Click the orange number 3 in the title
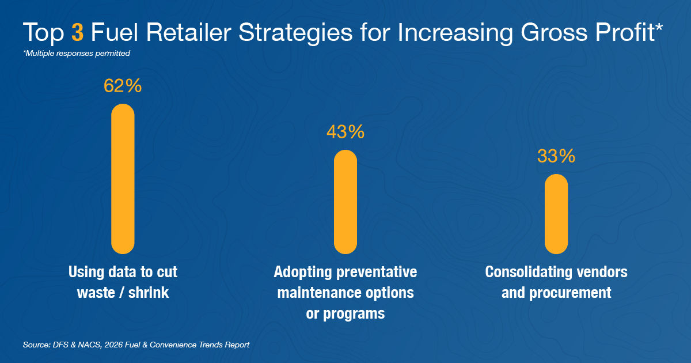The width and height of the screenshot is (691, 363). click(x=78, y=33)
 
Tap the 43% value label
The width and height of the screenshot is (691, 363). click(x=345, y=132)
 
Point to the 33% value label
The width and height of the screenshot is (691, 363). click(x=556, y=156)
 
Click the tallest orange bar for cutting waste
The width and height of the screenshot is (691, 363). click(x=123, y=179)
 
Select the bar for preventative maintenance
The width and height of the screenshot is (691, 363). click(x=345, y=202)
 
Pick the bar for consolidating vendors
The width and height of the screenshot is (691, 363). click(x=556, y=214)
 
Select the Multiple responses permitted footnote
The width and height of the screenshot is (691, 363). click(x=77, y=53)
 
